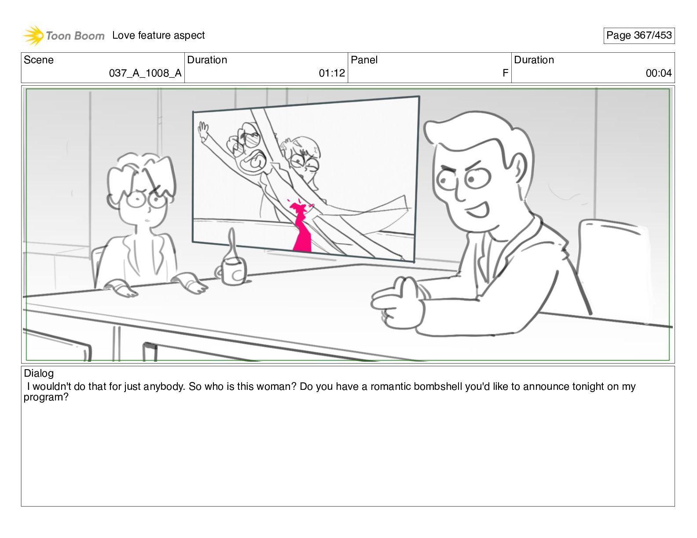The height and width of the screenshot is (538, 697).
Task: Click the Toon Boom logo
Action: [64, 35]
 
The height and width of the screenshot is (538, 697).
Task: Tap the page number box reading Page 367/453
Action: [638, 36]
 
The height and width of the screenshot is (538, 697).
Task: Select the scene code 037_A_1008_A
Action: [145, 73]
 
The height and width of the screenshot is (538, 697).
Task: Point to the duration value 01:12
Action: [332, 73]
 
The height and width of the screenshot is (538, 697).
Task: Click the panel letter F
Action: [505, 73]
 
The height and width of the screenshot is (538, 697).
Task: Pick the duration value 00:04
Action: [659, 73]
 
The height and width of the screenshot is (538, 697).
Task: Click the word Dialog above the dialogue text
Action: [39, 373]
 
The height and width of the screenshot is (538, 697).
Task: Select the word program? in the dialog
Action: [46, 397]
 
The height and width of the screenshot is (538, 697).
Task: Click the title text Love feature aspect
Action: [158, 35]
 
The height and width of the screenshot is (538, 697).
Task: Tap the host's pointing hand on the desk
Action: [398, 303]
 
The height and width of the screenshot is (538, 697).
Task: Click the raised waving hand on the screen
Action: [203, 131]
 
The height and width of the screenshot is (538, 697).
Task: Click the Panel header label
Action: [364, 60]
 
